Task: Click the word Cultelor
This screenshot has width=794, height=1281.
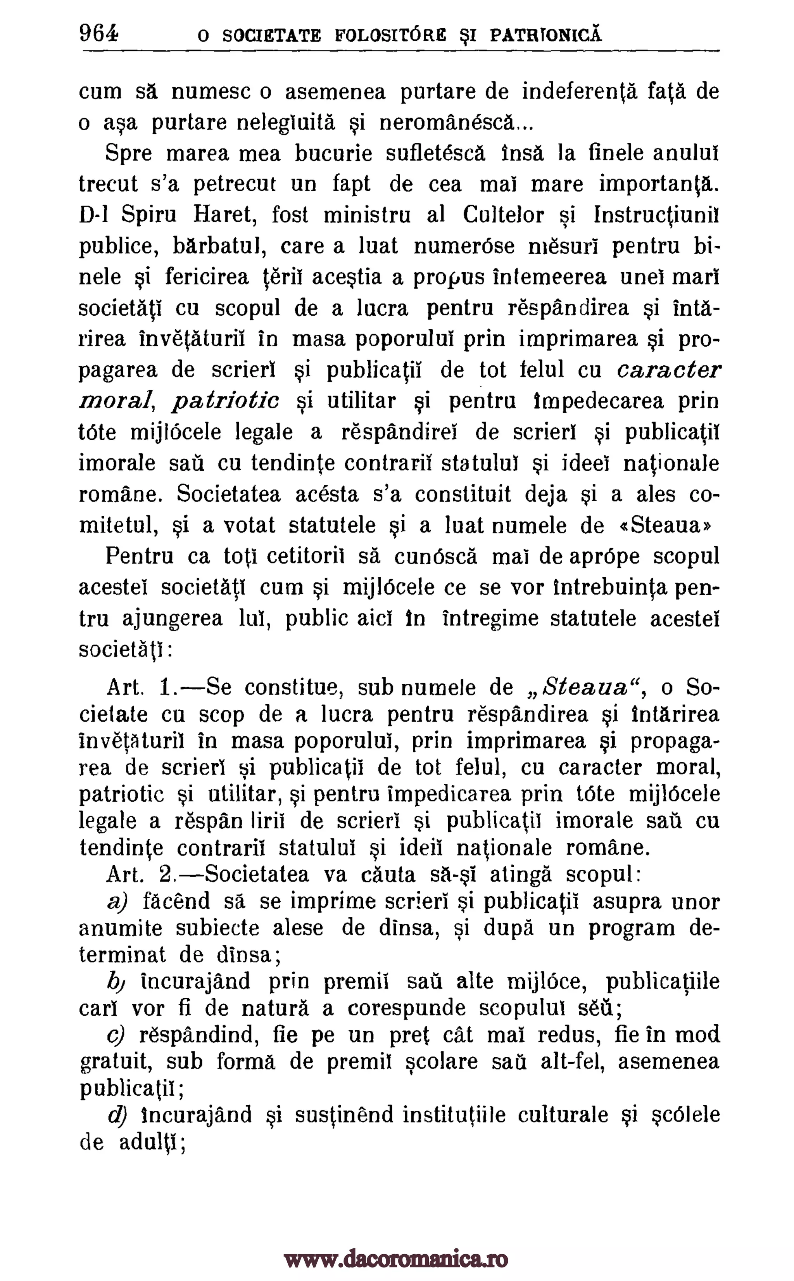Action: coord(504,215)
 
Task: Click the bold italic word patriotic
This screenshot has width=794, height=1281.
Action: coord(226,402)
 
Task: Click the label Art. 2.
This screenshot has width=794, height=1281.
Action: coord(140,875)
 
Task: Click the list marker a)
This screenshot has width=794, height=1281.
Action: coord(117,902)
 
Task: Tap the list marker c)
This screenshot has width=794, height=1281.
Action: coord(116,1036)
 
